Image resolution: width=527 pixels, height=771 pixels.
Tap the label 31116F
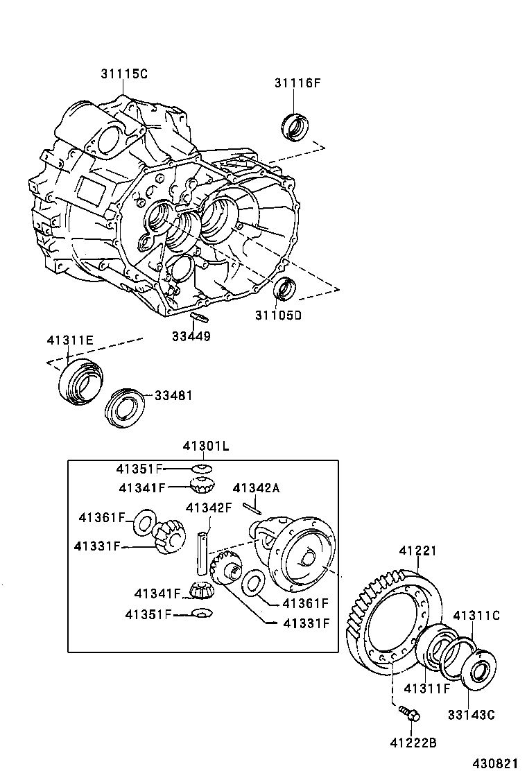[x=297, y=84]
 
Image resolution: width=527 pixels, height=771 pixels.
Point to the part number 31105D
[x=278, y=316]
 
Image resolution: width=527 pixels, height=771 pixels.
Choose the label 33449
[x=191, y=337]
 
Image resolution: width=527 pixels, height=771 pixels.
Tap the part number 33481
[x=173, y=395]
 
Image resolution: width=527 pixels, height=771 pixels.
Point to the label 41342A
[x=256, y=488]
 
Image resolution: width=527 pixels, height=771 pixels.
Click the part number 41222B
[x=413, y=743]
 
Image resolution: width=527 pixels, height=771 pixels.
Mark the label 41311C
[x=476, y=615]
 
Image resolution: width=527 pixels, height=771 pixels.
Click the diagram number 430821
[x=496, y=763]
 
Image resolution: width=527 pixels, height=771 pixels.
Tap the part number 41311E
[x=70, y=341]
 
